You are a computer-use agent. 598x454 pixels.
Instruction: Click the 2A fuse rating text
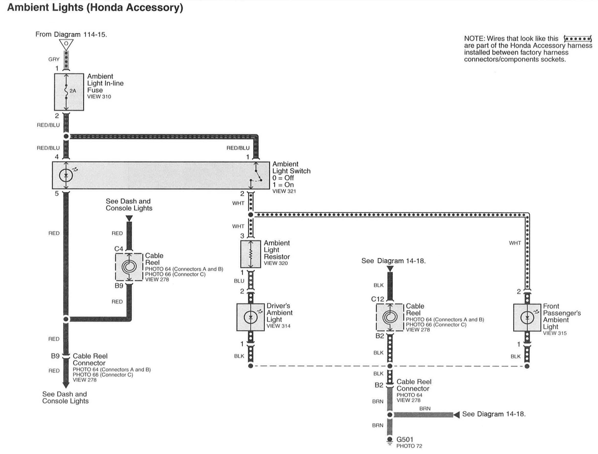tap(73, 91)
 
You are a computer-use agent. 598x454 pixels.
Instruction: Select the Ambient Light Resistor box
tap(251, 254)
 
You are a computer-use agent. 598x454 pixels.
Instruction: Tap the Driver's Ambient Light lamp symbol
tap(251, 317)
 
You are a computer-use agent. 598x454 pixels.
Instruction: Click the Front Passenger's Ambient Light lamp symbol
tap(527, 318)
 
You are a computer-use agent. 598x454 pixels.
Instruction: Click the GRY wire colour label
tap(54, 59)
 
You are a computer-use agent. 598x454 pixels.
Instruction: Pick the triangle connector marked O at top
tap(66, 44)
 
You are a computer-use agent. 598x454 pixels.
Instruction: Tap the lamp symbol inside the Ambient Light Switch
tap(66, 175)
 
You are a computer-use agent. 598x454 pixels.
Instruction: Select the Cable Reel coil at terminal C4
tap(129, 267)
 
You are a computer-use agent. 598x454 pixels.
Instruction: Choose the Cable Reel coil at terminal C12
tap(390, 317)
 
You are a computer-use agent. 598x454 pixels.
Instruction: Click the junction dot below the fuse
tap(66, 136)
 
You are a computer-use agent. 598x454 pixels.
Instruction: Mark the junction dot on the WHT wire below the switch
tap(251, 215)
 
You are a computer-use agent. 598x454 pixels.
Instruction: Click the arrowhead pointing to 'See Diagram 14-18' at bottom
tap(456, 415)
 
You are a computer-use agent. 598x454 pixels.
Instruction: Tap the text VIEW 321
tap(284, 191)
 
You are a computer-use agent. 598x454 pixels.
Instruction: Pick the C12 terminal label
tap(377, 299)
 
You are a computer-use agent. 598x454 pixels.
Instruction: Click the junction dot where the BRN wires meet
tap(390, 415)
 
